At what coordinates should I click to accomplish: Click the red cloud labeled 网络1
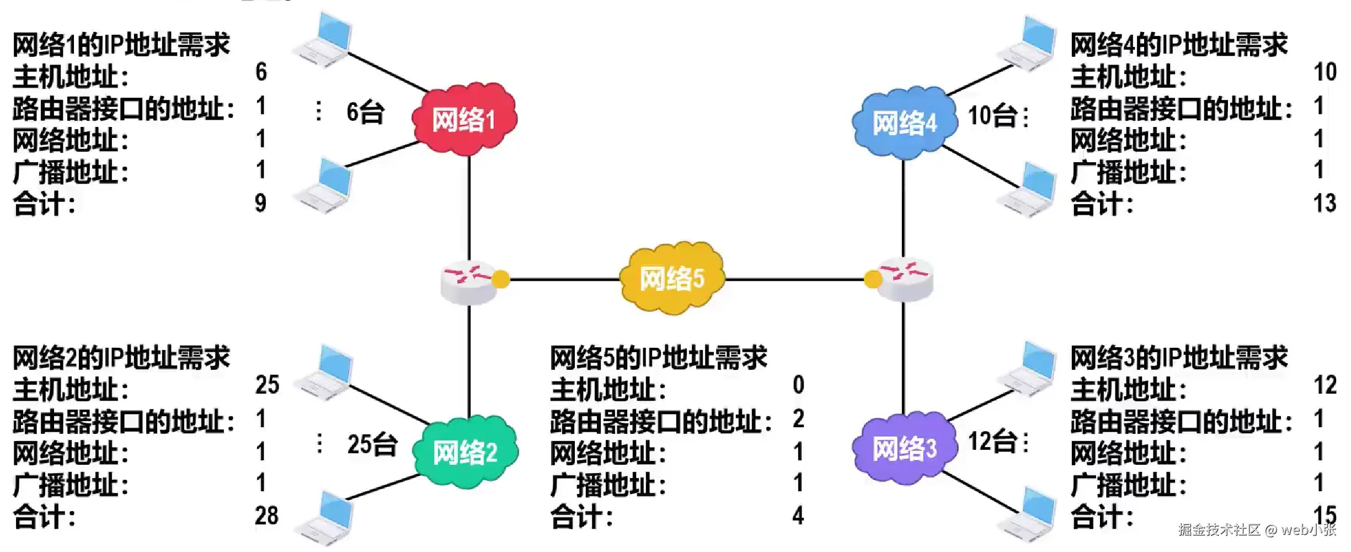(x=464, y=119)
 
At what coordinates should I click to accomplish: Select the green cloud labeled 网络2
(x=464, y=452)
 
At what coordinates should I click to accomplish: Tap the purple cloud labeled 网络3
(x=903, y=449)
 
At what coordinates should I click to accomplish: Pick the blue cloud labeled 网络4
(x=903, y=123)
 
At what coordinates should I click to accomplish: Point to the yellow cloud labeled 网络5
(x=671, y=278)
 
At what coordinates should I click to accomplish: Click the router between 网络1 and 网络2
(x=469, y=282)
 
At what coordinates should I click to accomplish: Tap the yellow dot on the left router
(x=500, y=279)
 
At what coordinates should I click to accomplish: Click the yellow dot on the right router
(x=873, y=279)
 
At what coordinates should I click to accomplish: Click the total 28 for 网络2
(x=266, y=516)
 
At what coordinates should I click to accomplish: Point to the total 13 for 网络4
(x=1325, y=204)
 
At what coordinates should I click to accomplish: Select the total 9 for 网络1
(x=260, y=204)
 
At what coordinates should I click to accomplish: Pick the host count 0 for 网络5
(x=798, y=385)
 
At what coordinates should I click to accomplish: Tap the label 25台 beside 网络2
(x=372, y=444)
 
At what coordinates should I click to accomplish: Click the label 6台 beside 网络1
(x=365, y=112)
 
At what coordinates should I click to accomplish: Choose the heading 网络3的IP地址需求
(x=1179, y=358)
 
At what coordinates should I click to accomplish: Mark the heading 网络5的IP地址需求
(x=658, y=358)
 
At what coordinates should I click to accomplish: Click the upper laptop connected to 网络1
(x=324, y=40)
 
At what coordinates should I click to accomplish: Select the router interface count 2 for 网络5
(x=798, y=419)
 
